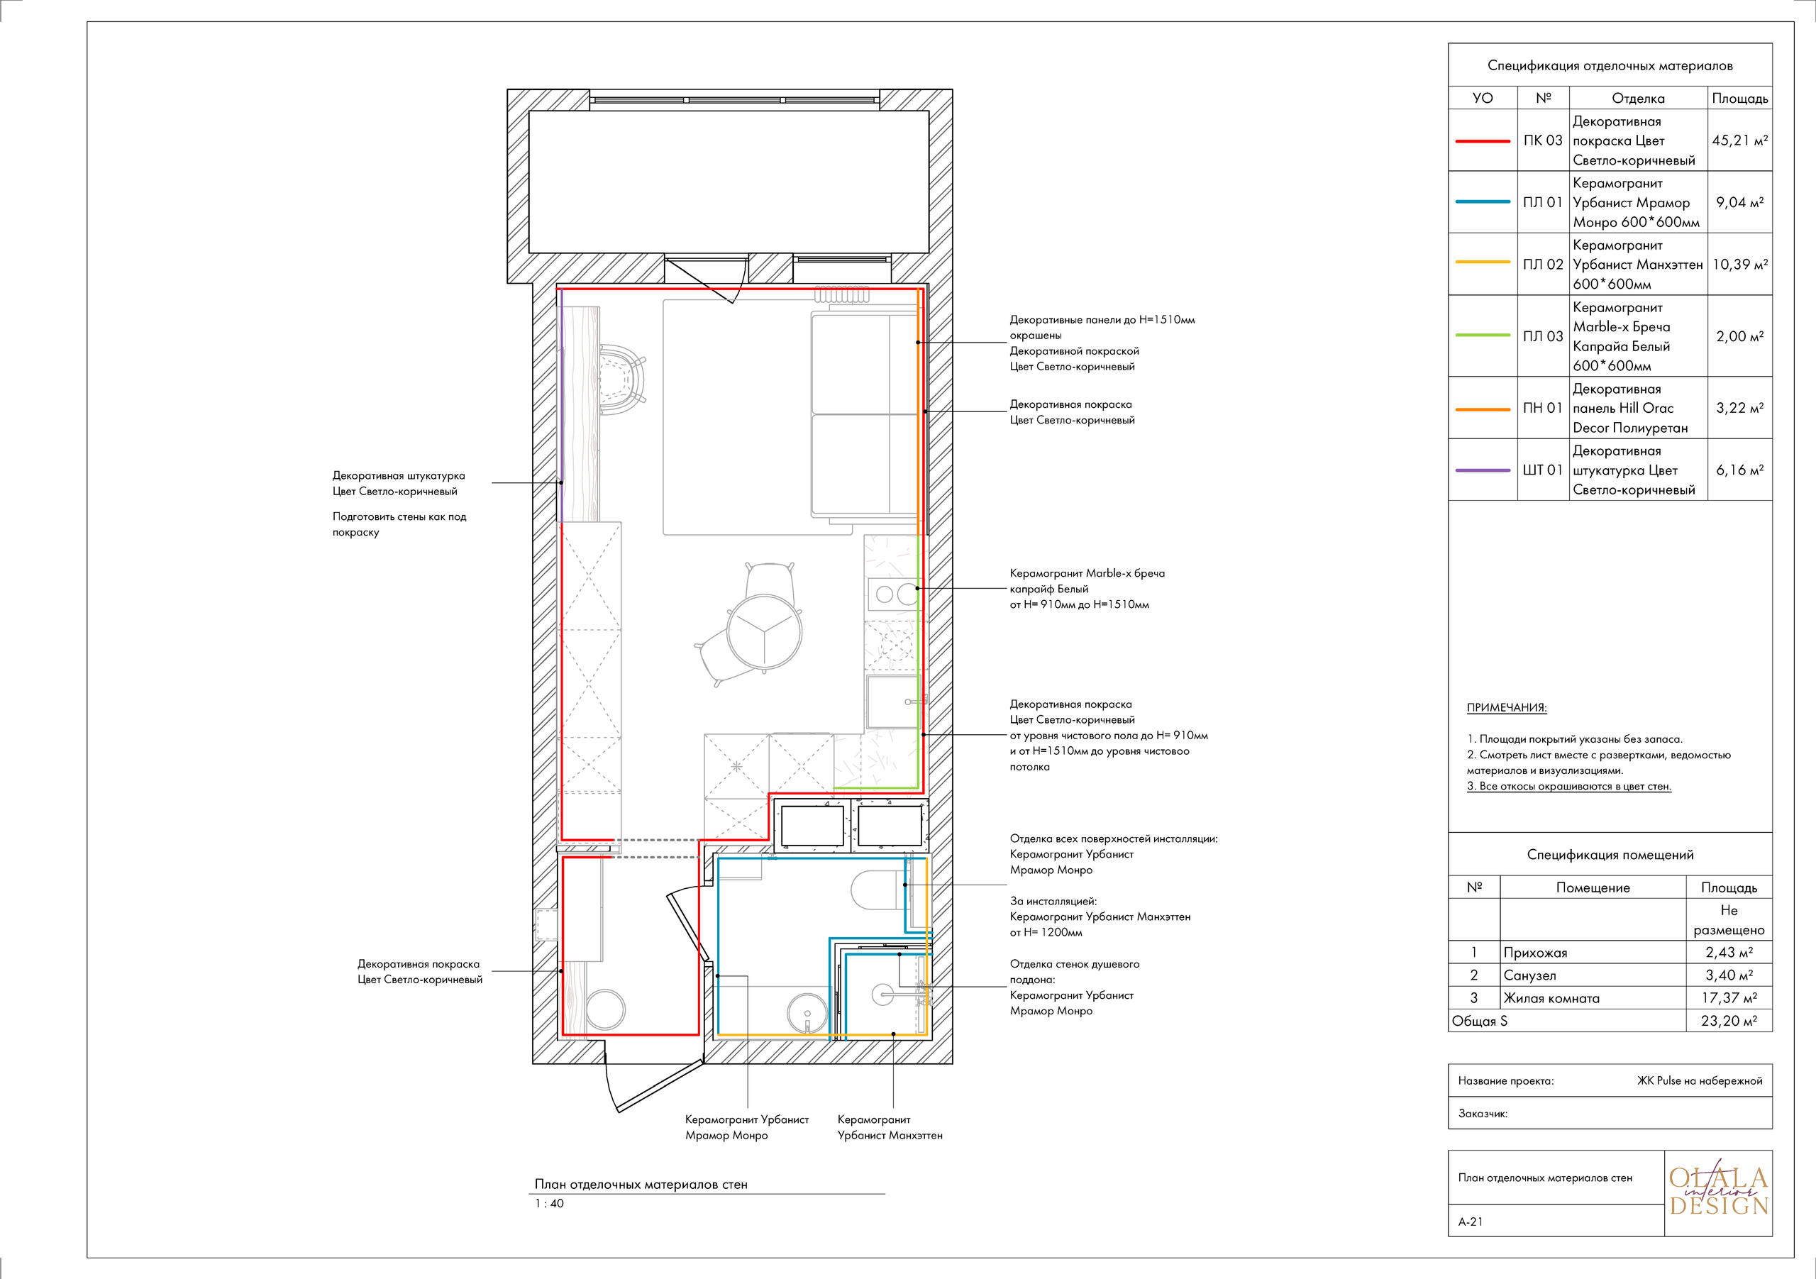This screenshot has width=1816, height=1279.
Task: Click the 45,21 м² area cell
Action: point(1739,140)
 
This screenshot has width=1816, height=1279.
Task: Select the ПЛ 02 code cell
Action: point(1543,264)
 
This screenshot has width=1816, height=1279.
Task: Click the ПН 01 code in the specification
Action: point(1543,408)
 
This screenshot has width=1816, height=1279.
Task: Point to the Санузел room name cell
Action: point(1529,975)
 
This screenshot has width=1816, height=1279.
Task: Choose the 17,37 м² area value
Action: point(1729,998)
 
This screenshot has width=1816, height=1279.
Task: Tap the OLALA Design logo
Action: point(1718,1192)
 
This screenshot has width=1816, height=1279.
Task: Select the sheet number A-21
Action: point(1471,1222)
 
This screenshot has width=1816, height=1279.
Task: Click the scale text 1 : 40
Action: point(549,1204)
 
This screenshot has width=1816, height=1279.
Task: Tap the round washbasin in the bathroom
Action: point(807,1013)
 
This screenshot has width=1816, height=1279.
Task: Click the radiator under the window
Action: point(842,296)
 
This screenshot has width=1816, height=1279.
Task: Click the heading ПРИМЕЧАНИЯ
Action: point(1507,708)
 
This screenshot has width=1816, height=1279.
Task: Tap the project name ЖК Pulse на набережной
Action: point(1700,1081)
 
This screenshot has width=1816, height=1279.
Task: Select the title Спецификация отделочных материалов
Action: point(1610,66)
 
